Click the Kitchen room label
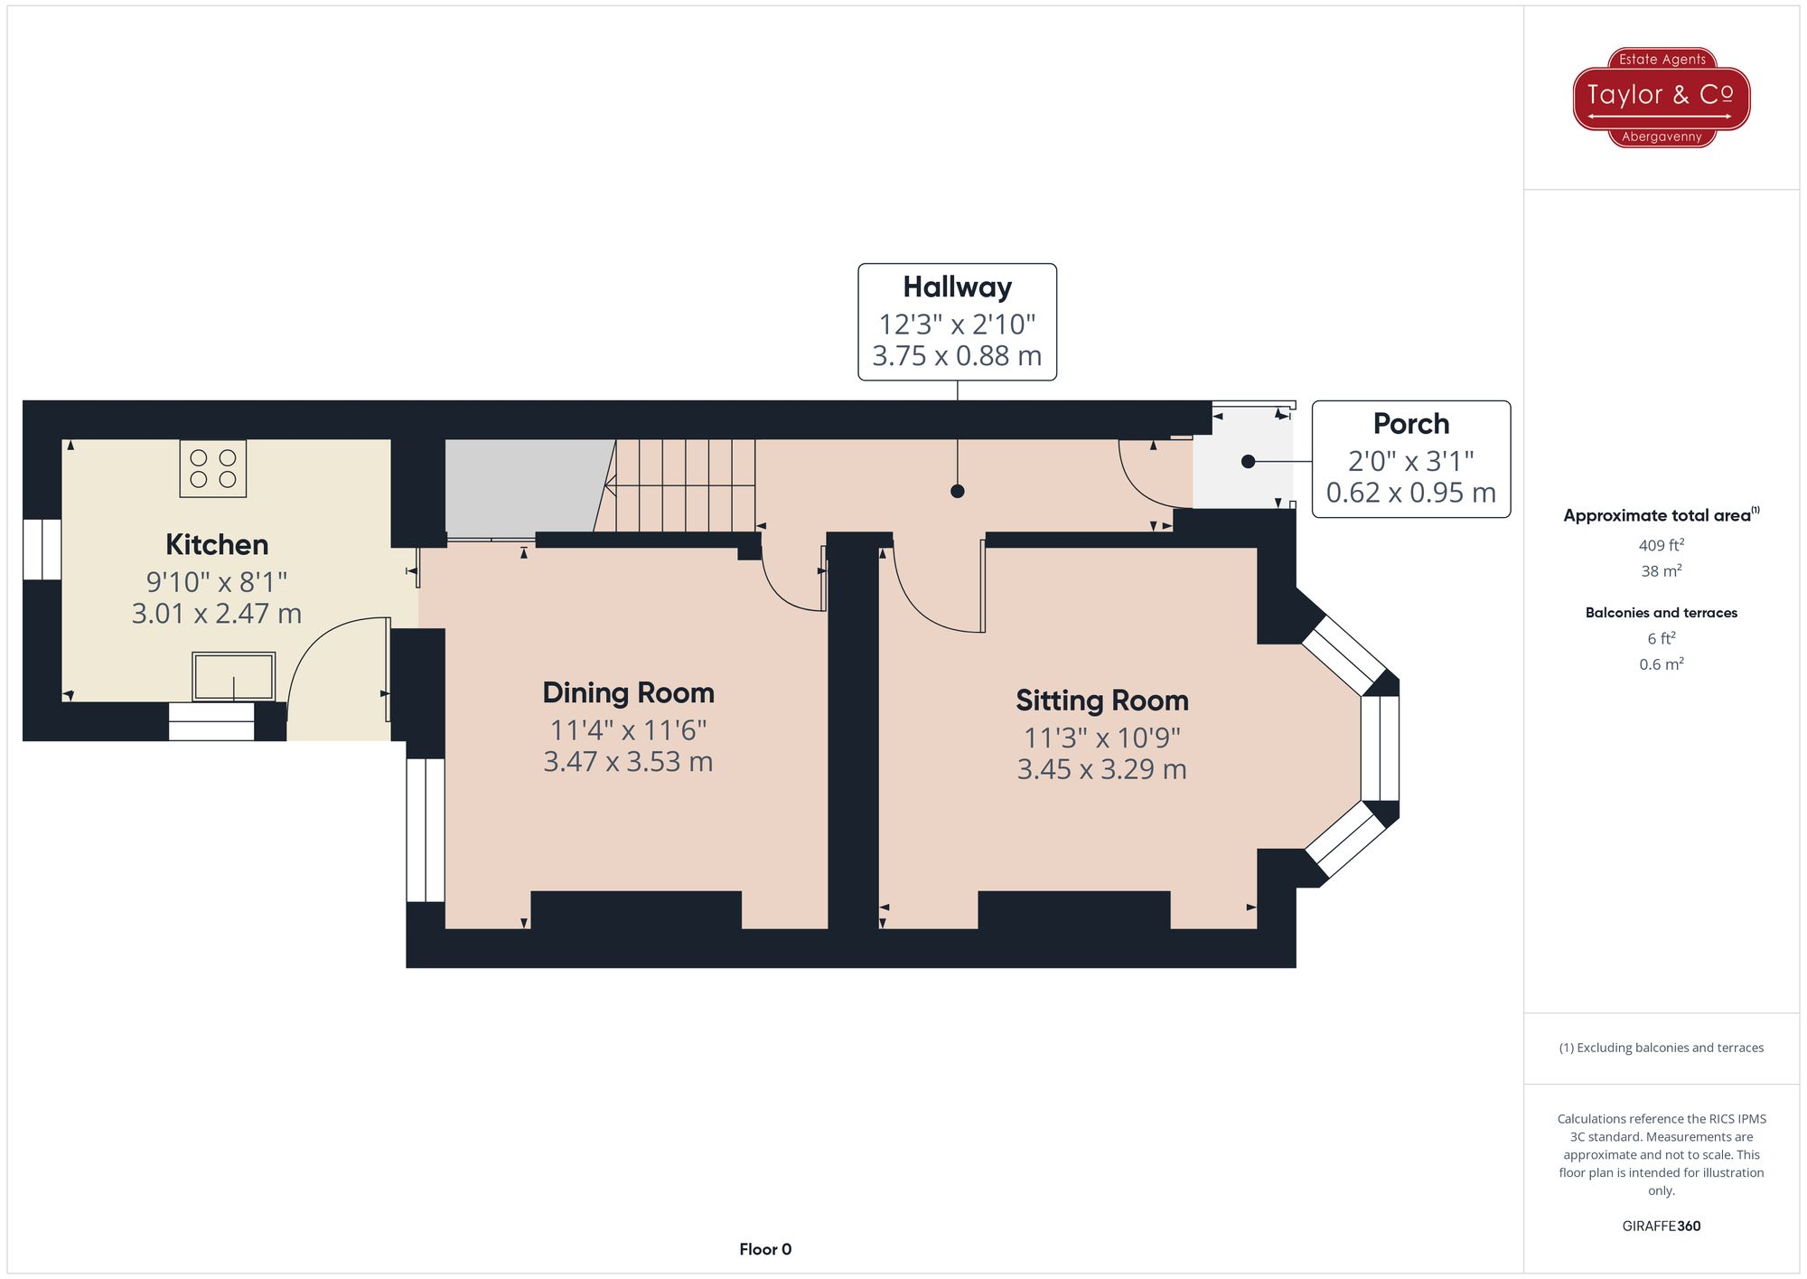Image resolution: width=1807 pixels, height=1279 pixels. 217,544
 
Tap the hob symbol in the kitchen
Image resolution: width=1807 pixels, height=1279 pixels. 213,468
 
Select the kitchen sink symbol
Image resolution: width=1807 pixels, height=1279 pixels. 233,677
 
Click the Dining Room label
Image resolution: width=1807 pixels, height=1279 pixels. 628,692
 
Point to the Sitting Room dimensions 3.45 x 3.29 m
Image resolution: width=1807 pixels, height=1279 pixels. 1101,769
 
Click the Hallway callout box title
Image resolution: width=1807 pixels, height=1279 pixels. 957,287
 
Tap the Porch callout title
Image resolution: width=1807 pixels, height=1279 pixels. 1410,424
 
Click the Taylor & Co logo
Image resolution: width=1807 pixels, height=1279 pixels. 1661,97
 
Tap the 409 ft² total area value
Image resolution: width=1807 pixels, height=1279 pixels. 1661,545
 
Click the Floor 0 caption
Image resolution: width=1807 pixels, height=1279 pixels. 764,1249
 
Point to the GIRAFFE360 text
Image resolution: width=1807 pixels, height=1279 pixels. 1661,1226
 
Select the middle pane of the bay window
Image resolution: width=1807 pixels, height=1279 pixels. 1380,748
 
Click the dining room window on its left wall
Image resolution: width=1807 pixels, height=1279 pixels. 425,830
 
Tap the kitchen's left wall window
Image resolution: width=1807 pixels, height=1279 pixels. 42,550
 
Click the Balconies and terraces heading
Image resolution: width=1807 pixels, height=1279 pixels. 1661,613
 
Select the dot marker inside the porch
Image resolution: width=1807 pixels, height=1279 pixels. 1248,462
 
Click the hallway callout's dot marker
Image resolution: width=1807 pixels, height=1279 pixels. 957,492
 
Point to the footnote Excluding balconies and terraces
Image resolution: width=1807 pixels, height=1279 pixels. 1661,1048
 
